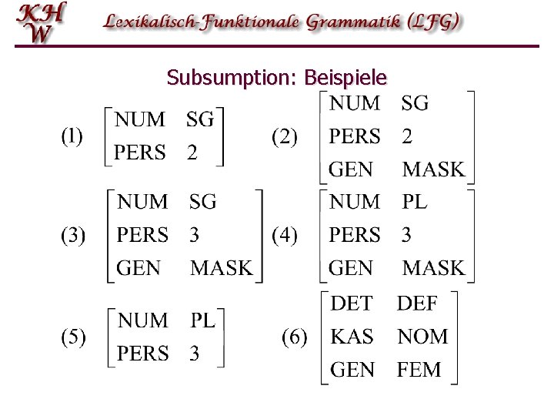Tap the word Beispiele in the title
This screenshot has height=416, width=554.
(346, 78)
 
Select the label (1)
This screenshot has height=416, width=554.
(73, 136)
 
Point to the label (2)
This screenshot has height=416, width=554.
(285, 137)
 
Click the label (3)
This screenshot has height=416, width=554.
(73, 235)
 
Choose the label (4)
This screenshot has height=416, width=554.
(285, 235)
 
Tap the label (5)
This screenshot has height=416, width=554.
(73, 337)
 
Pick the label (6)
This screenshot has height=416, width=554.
(294, 337)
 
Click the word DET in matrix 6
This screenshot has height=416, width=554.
(351, 303)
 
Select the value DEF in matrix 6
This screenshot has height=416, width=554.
(417, 303)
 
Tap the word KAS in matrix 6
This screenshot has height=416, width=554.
(352, 337)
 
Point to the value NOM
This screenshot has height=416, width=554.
(422, 337)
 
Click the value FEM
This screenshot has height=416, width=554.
(419, 370)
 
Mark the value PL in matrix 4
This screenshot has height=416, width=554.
(415, 202)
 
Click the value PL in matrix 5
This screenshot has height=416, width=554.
(203, 320)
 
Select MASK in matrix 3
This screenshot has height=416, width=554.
(221, 268)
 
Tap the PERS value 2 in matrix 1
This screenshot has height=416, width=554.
(192, 153)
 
